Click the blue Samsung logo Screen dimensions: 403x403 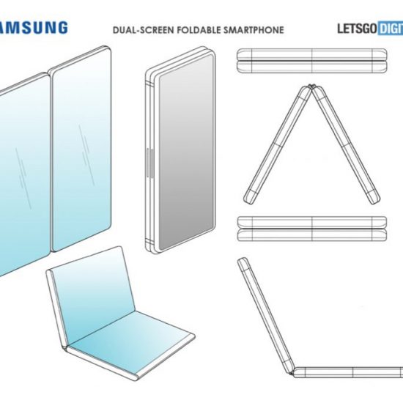[x=34, y=28]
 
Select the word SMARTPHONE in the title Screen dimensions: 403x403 [x=254, y=30]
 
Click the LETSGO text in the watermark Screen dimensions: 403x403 [x=358, y=29]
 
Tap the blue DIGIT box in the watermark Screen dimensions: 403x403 [x=391, y=29]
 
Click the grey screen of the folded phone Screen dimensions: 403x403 [x=186, y=152]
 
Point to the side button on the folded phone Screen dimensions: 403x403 [x=150, y=163]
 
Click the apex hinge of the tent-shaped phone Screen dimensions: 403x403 [x=312, y=87]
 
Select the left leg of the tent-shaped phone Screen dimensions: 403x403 [x=278, y=144]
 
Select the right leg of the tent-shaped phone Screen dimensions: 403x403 [x=346, y=144]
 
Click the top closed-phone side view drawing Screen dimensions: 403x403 [x=311, y=61]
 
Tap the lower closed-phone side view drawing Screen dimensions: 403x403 [x=311, y=229]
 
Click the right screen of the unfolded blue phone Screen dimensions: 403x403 [x=82, y=149]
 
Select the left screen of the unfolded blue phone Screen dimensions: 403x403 [x=25, y=175]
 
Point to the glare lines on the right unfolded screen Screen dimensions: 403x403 [x=87, y=155]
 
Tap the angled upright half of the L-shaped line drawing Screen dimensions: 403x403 [x=265, y=315]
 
